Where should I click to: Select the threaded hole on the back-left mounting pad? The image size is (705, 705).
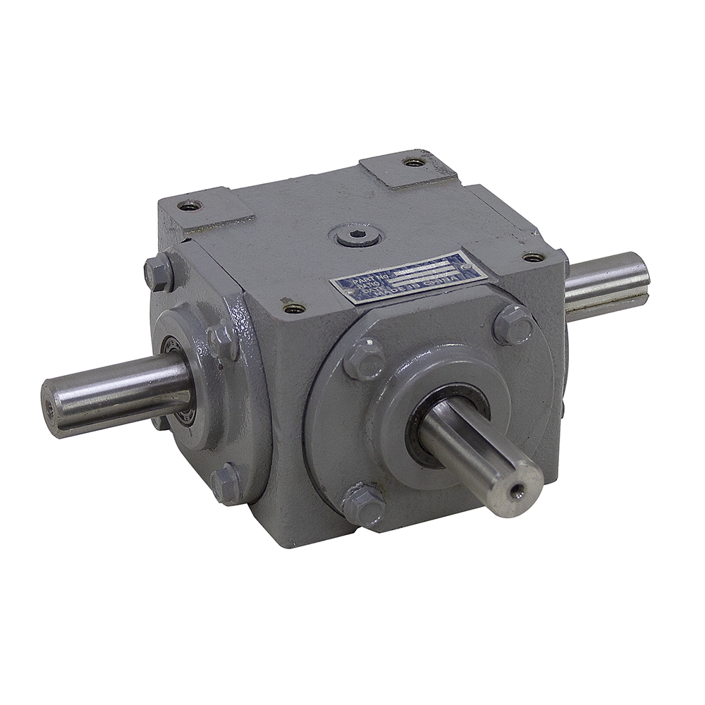[x=189, y=206]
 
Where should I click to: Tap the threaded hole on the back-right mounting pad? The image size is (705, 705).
[x=415, y=162]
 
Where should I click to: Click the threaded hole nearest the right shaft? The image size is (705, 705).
[x=533, y=257]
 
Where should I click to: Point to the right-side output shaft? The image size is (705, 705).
[x=606, y=286]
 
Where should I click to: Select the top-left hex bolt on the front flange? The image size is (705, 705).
[x=364, y=357]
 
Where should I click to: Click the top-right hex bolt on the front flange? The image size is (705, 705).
[x=513, y=325]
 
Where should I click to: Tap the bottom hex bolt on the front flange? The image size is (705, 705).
[x=364, y=504]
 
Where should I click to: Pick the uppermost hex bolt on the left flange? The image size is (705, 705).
[x=159, y=271]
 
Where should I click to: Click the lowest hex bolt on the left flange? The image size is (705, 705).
[x=227, y=484]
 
